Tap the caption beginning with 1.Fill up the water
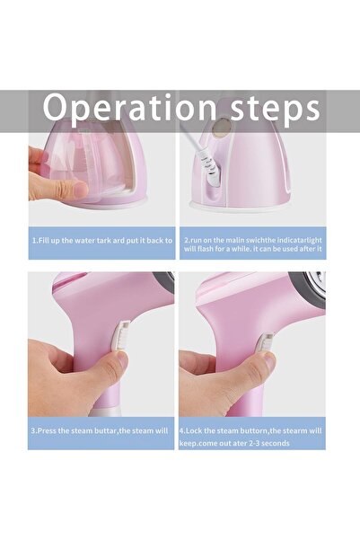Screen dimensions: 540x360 (x=101, y=241)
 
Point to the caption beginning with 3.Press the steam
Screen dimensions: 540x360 (x=101, y=430)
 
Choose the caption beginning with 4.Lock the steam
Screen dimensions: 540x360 (x=252, y=437)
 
